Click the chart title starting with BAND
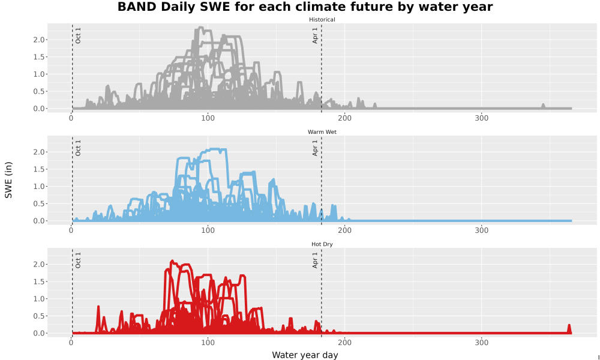[x=305, y=7]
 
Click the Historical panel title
[x=322, y=20]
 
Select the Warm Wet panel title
[x=322, y=132]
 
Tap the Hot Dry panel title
[x=322, y=244]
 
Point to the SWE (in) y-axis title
[x=8, y=180]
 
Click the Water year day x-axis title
[x=305, y=355]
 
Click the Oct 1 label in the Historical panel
[x=78, y=35]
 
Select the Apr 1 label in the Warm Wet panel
[x=315, y=148]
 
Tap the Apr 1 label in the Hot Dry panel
[x=315, y=260]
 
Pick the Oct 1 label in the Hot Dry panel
[x=78, y=260]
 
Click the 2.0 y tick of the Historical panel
[x=40, y=40]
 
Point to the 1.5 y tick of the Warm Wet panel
[x=40, y=169]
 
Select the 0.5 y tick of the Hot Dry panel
[x=40, y=316]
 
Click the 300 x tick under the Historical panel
[x=481, y=118]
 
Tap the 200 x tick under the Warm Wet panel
[x=345, y=230]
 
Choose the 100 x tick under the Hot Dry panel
[x=208, y=343]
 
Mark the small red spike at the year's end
[x=569, y=329]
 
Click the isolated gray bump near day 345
[x=543, y=106]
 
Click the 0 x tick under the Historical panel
[x=71, y=118]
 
